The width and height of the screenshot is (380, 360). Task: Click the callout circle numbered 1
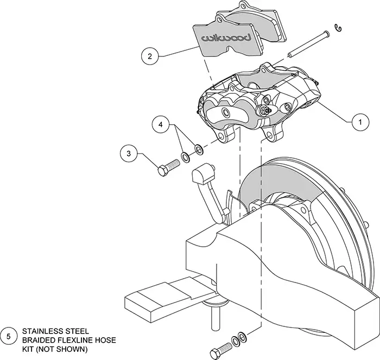coord(357,123)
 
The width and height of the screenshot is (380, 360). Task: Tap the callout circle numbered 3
coord(128,154)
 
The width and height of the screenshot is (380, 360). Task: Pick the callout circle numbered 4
coord(160,125)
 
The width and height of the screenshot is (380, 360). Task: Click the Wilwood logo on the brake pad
coord(226,37)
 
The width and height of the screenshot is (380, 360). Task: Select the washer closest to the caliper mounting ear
coord(199,148)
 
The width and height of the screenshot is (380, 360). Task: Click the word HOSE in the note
coord(103,340)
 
